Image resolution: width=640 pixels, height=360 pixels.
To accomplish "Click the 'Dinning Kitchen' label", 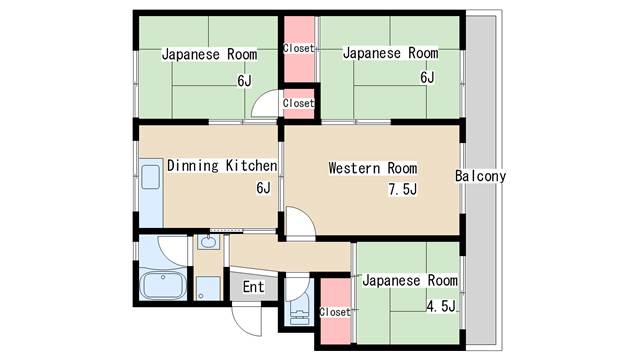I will click(222, 165).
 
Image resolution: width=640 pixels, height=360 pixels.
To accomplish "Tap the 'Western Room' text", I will click(373, 168).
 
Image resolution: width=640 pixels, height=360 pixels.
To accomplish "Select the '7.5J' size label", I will click(402, 190).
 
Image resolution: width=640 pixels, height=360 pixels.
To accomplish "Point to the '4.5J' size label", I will click(440, 306).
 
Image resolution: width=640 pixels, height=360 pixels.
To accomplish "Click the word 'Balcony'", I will click(481, 177).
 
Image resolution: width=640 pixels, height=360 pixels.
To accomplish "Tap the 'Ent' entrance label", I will click(253, 288).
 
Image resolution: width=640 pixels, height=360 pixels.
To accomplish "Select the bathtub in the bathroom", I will click(163, 285).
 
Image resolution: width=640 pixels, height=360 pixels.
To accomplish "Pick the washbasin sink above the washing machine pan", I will click(209, 243).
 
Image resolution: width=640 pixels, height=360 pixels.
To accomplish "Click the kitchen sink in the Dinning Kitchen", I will click(151, 180).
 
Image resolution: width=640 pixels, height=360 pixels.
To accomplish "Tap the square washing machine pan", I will click(207, 289).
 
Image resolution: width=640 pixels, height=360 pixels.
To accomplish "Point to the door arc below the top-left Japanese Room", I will click(265, 104).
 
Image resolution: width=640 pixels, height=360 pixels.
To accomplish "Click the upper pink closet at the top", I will click(298, 49).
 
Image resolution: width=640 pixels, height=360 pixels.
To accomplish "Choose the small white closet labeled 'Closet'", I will click(298, 102).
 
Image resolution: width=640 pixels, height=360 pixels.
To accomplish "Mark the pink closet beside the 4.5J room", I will click(335, 311).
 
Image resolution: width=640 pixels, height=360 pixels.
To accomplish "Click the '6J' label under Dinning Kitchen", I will click(263, 188).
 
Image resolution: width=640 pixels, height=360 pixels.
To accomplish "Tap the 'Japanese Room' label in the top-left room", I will click(209, 54).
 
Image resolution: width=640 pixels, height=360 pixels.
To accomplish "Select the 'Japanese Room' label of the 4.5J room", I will click(409, 281).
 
